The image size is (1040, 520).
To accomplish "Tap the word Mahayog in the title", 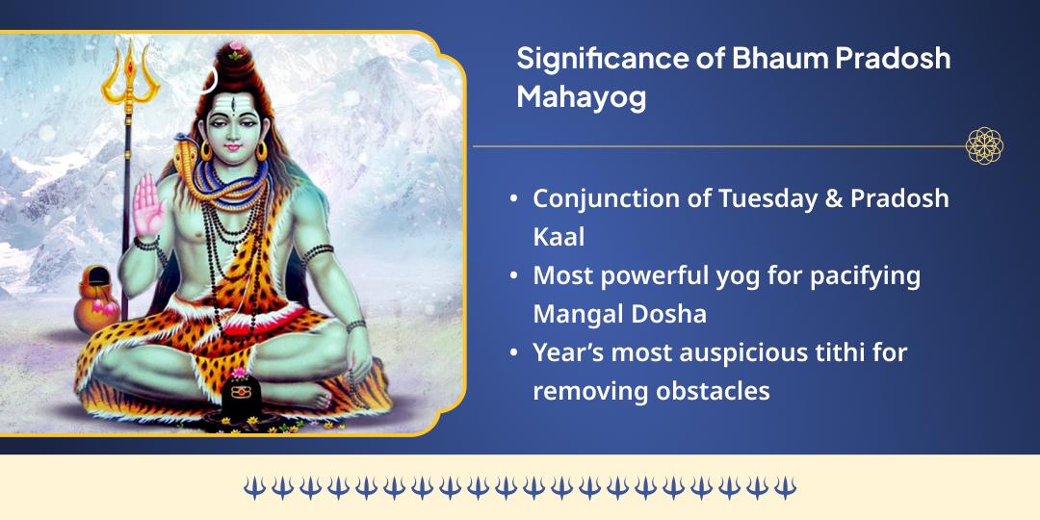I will [581, 98].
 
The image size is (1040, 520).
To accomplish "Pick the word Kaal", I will [559, 237].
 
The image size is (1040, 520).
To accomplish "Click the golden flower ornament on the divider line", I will [984, 146].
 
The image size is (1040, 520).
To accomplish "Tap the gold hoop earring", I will [261, 151].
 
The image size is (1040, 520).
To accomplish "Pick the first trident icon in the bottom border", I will [254, 487].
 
